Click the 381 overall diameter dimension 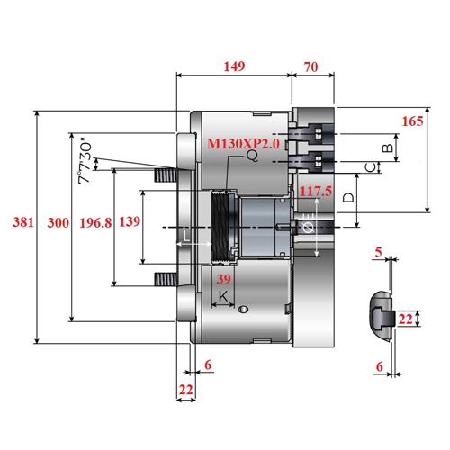point(22,222)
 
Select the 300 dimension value point(58,223)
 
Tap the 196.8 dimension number point(95,223)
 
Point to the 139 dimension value point(130,221)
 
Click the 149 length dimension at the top point(234,67)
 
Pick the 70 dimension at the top point(311,67)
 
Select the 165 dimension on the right point(412,121)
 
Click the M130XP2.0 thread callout point(243,144)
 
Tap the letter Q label point(252,156)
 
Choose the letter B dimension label point(388,148)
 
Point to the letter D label point(348,197)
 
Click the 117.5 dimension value point(316,191)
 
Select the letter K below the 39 point(223,296)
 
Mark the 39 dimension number point(224,279)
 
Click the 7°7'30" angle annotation point(85,160)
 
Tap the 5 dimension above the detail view point(379,252)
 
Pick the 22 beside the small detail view point(406,319)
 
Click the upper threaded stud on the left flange point(166,175)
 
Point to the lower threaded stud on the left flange point(166,279)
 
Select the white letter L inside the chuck point(186,236)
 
